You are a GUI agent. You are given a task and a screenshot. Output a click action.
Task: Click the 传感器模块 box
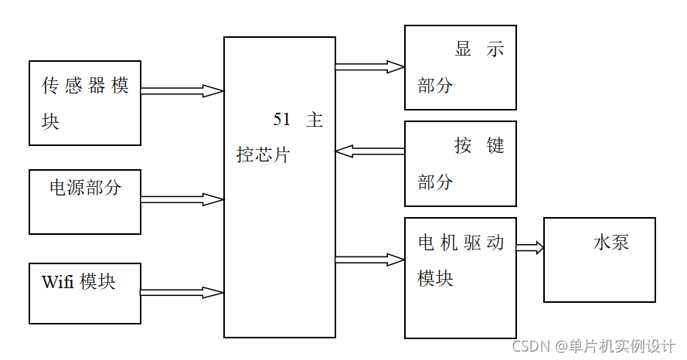point(85,103)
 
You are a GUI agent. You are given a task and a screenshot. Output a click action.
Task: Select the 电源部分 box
point(85,202)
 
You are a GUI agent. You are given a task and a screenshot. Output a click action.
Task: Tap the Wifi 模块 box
point(85,294)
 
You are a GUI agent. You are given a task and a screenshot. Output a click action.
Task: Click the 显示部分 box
point(461,67)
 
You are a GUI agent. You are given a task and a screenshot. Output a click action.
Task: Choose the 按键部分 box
point(461,164)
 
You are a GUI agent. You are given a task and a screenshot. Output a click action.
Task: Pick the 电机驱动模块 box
point(461,278)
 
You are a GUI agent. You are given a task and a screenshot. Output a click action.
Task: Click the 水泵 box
point(600,260)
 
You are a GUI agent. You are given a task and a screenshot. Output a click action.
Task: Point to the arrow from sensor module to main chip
point(182,91)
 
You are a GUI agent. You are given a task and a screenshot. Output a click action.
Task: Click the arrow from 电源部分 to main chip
point(182,199)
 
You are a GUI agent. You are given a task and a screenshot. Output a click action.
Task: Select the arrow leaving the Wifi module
point(182,293)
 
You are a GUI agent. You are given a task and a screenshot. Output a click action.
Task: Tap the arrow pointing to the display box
point(370,67)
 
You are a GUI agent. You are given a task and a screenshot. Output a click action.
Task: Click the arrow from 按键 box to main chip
point(370,151)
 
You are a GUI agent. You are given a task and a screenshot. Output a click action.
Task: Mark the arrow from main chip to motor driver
point(370,260)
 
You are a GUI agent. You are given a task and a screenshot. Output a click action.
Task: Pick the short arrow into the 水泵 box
point(530,248)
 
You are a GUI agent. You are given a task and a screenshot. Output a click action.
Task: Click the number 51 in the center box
point(281,120)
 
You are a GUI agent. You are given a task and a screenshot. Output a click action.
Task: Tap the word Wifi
point(58,282)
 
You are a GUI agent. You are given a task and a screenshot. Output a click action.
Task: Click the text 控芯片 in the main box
point(263,155)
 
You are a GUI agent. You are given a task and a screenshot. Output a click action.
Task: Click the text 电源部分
point(85,187)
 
